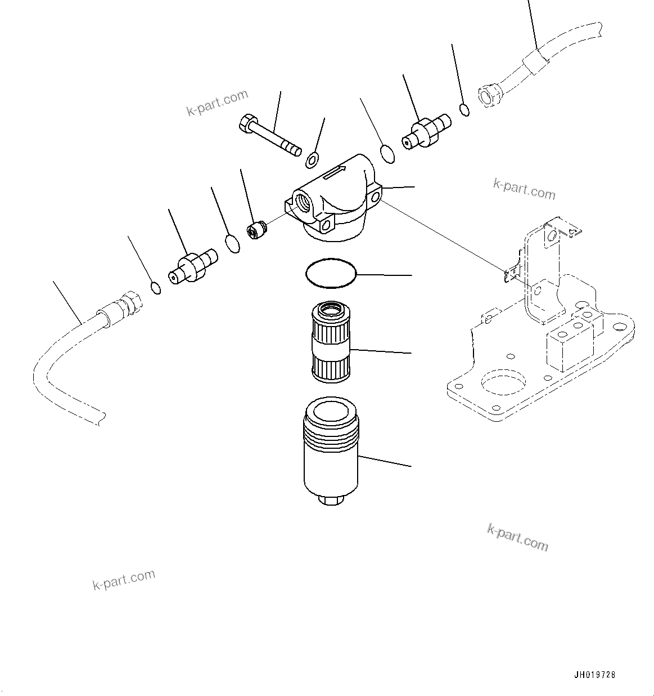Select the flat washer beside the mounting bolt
click(x=313, y=160)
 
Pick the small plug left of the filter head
click(x=256, y=230)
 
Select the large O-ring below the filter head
click(x=331, y=273)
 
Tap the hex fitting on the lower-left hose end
click(x=130, y=304)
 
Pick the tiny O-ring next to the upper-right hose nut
click(x=464, y=109)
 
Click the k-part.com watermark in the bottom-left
click(x=124, y=579)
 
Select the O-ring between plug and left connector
click(x=232, y=244)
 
